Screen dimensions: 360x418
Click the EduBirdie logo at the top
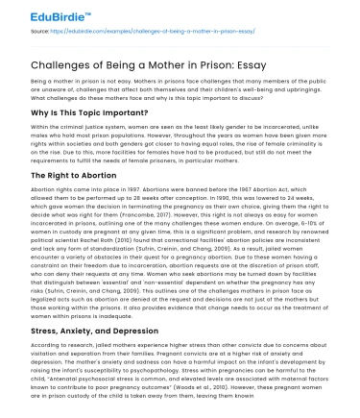pos(38,15)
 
